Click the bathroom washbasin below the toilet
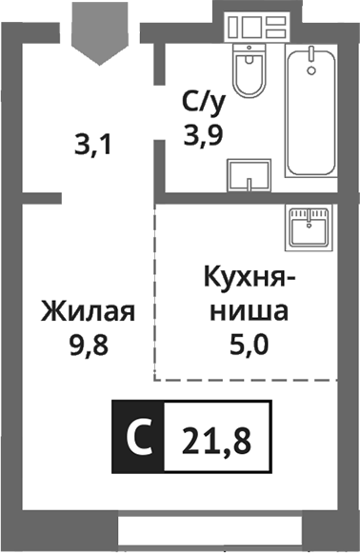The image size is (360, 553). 249,177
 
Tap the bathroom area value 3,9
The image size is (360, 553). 203,136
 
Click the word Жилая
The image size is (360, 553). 86,311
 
